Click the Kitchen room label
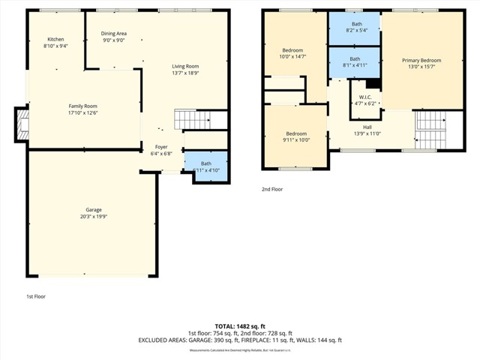[x=56, y=39]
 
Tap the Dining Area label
[x=113, y=34]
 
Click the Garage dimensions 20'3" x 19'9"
[x=94, y=217]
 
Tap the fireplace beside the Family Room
[x=20, y=124]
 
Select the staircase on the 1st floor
[x=190, y=119]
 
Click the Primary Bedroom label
[x=421, y=60]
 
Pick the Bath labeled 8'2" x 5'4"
[x=355, y=28]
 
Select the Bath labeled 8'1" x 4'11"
[x=355, y=61]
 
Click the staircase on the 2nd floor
[x=430, y=129]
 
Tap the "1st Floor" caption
[x=36, y=296]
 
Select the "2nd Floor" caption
[x=271, y=190]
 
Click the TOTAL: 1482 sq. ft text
[x=239, y=326]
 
